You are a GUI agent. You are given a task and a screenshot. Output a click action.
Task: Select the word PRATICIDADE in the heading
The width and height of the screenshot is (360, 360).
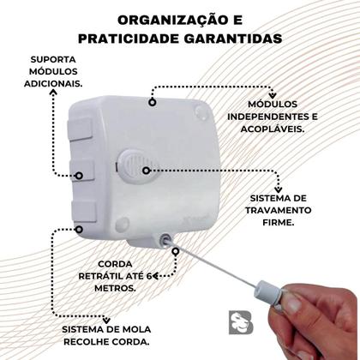(x=138, y=39)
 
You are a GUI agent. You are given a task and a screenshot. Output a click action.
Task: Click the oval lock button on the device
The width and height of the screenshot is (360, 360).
(x=134, y=165)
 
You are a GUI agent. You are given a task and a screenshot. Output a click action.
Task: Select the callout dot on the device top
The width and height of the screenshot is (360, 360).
(x=153, y=102)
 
